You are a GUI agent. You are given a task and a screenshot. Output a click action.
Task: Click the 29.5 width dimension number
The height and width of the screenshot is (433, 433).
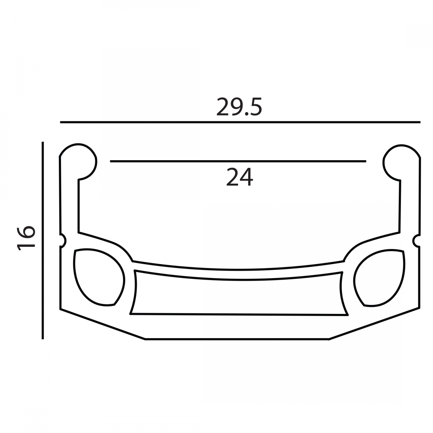(x=239, y=107)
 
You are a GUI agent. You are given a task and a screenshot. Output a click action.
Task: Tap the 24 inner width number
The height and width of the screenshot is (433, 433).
(x=240, y=177)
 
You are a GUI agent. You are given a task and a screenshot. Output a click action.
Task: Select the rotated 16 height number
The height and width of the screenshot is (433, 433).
(x=26, y=238)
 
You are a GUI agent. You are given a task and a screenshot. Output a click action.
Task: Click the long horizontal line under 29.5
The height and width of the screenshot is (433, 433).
(x=240, y=122)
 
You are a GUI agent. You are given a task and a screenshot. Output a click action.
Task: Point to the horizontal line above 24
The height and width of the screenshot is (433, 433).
(x=238, y=161)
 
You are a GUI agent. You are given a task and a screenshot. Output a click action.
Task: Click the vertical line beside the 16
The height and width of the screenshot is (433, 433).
(x=43, y=240)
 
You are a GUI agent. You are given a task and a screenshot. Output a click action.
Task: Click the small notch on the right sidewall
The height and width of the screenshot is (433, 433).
(x=416, y=241)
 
